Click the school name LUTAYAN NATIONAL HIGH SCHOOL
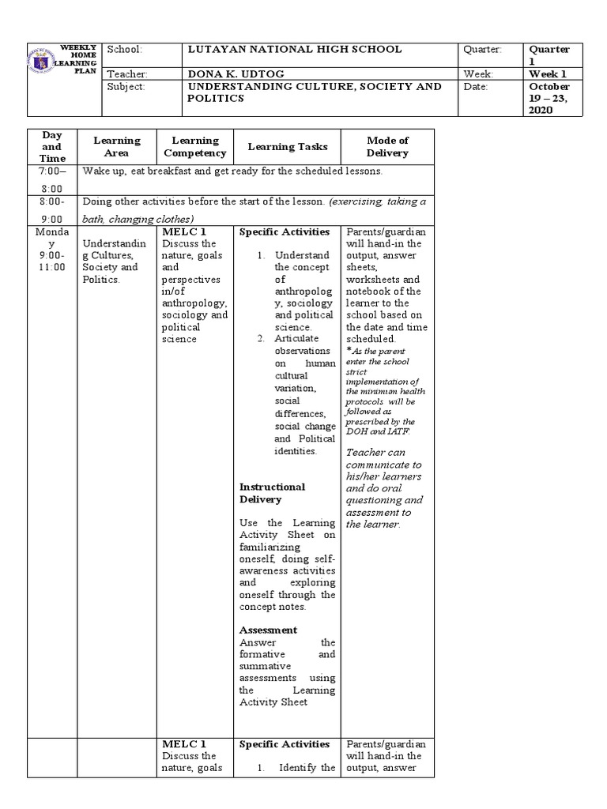[x=294, y=50]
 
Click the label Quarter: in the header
[x=482, y=50]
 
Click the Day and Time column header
[x=52, y=147]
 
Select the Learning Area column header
[x=117, y=147]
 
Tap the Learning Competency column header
[x=194, y=147]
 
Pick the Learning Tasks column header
[x=287, y=147]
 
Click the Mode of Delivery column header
[x=387, y=147]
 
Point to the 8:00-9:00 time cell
[x=52, y=210]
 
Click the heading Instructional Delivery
[x=272, y=493]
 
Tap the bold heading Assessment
[x=268, y=630]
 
